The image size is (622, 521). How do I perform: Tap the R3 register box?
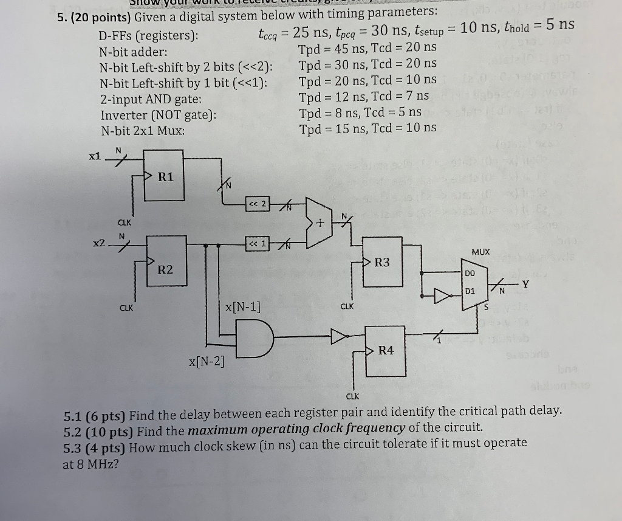(x=383, y=268)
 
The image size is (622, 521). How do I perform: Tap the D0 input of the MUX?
(x=470, y=274)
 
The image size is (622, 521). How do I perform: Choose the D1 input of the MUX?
(x=470, y=292)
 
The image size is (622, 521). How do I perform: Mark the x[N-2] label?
(x=207, y=363)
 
